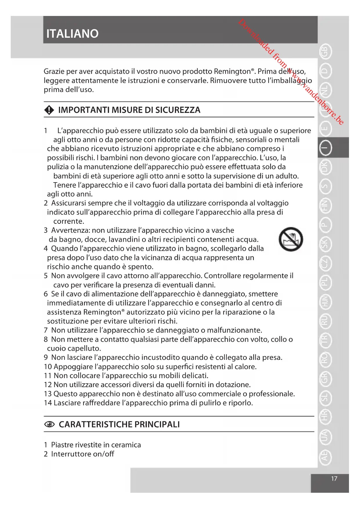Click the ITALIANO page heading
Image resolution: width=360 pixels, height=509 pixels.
73,34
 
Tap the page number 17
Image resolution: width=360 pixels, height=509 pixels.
334,479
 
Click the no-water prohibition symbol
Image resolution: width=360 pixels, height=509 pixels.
291,239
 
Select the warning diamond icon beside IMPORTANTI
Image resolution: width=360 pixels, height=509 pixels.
49,110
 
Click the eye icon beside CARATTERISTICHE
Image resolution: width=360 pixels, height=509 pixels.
49,425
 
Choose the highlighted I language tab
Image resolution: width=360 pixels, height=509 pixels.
325,148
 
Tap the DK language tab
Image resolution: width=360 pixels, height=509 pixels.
325,167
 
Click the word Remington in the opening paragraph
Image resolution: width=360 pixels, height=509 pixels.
232,71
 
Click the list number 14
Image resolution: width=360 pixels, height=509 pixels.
48,403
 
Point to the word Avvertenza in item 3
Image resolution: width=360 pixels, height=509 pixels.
71,230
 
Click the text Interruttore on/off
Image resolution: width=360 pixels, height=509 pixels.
82,454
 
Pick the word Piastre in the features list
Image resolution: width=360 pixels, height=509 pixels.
62,445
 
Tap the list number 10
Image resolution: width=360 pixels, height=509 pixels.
48,367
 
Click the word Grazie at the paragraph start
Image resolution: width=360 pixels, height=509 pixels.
54,71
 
